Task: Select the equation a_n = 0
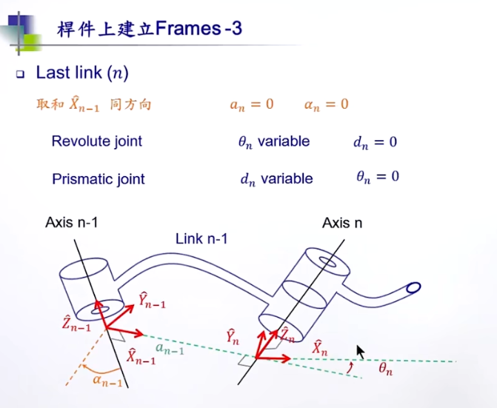click(x=251, y=104)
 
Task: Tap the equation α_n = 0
click(x=326, y=104)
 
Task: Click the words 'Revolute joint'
click(x=96, y=141)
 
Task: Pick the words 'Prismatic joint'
click(x=98, y=178)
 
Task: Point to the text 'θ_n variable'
click(x=273, y=141)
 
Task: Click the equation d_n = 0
click(x=375, y=141)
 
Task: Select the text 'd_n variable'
click(x=276, y=178)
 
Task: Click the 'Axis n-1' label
click(x=72, y=222)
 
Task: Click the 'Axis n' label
click(x=342, y=223)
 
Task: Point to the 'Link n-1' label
click(x=201, y=238)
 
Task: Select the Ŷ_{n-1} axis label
click(x=152, y=300)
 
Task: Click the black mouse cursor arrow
click(x=361, y=352)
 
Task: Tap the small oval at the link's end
click(x=413, y=287)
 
